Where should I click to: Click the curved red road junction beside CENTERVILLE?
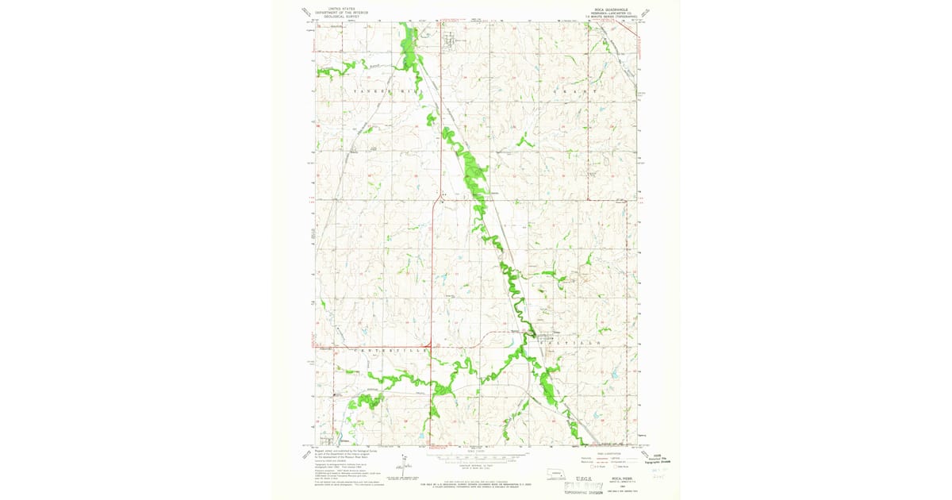click(x=432, y=348)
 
